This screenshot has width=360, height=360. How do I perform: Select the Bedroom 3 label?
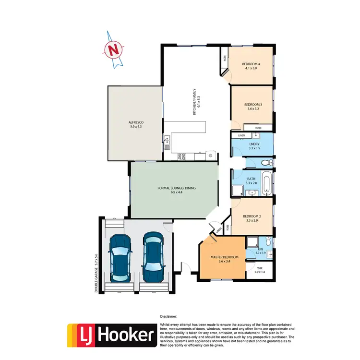click(x=253, y=107)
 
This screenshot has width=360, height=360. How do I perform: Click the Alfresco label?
click(x=136, y=125)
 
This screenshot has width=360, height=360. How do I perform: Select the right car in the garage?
click(x=152, y=257)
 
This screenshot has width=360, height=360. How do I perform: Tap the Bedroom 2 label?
click(x=252, y=218)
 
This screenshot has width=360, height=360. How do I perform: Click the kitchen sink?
click(x=167, y=141)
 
